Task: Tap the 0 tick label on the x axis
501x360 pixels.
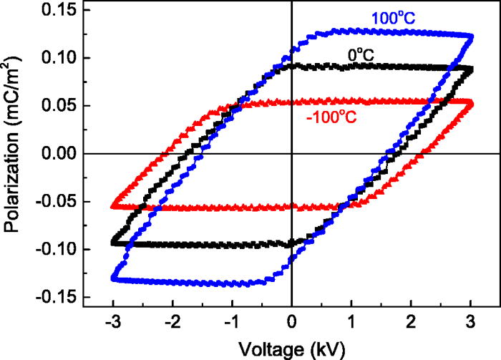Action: click(291, 321)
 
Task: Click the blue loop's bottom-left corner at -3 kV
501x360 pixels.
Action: click(112, 278)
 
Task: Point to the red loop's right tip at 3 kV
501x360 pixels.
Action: click(470, 104)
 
